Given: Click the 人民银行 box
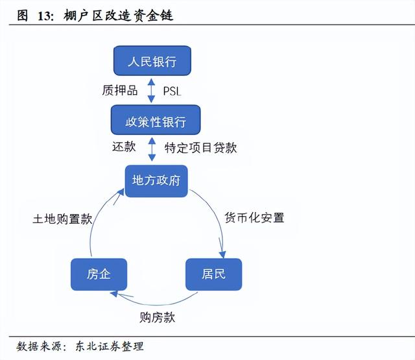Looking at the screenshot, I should coord(152,62).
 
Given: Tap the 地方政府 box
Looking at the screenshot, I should coord(156,181).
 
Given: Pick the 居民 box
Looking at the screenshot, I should coord(213,273).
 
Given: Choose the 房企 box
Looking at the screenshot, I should coord(99,274).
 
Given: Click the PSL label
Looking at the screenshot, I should coord(172,92).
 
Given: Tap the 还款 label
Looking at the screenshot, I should coord(123,147).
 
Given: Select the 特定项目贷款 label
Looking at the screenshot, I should coord(200,148).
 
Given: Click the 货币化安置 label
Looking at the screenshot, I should coord(254,217).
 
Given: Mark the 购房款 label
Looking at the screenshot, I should coord(158,317).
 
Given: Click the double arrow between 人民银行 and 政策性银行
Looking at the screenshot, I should coord(151,91).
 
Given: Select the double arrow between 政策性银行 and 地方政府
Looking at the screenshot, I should coord(152,149).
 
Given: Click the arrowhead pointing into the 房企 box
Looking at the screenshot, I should coord(114,294).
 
